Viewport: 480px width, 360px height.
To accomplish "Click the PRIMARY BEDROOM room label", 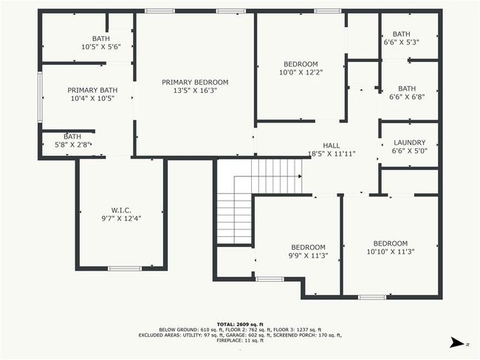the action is click(x=195, y=83).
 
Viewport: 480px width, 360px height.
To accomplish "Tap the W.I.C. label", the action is click(x=121, y=210).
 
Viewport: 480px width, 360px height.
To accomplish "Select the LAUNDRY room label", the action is click(x=410, y=142).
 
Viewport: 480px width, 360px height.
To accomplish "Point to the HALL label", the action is click(x=332, y=145).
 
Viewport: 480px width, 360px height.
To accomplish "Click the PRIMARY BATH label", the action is click(x=92, y=90).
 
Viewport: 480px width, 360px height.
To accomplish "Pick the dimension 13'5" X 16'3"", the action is click(x=195, y=91).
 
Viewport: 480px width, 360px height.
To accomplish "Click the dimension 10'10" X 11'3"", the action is click(x=391, y=252).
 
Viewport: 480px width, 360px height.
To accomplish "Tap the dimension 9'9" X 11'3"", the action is click(x=308, y=255).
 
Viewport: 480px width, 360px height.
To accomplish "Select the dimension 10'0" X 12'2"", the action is click(x=301, y=72).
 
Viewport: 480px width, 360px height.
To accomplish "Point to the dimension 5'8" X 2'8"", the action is click(x=72, y=145).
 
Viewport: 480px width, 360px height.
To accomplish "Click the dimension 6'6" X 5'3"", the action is click(x=401, y=42).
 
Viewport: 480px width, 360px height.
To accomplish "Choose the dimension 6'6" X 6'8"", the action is click(x=407, y=97).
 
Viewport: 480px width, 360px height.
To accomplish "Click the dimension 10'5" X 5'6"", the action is click(x=101, y=46).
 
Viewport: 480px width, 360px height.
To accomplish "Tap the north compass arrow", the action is click(x=456, y=342).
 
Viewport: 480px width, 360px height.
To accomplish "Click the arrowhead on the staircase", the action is click(x=300, y=176).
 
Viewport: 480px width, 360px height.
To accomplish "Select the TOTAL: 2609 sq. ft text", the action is click(x=240, y=324).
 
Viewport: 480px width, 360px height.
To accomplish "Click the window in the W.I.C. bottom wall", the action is click(x=125, y=269).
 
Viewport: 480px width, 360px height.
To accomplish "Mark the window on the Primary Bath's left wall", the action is click(x=40, y=97).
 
